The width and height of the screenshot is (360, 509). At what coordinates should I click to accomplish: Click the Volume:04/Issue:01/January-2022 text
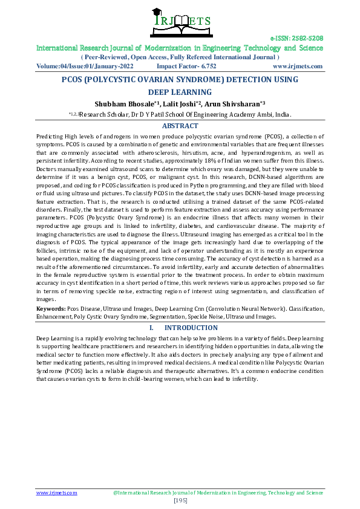point(85,66)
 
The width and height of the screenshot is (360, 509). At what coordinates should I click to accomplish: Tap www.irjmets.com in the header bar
point(298,66)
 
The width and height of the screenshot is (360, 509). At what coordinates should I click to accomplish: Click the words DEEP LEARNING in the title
point(180,92)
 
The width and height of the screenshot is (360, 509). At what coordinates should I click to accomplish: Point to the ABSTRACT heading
point(180,126)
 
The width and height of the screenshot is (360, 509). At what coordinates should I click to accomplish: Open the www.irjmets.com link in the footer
point(57,493)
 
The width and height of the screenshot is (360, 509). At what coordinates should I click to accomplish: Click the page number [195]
point(180,501)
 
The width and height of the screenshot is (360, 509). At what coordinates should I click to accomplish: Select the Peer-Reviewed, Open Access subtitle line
point(180,57)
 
